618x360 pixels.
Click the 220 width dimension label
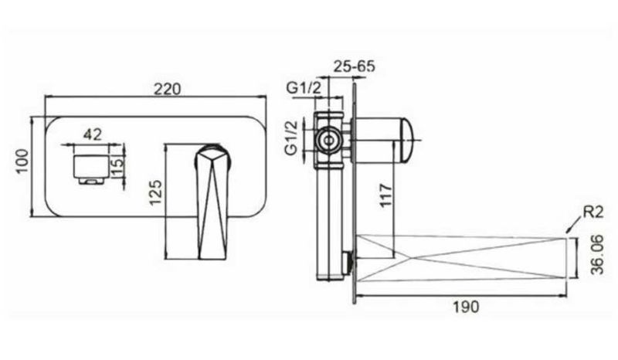click(x=167, y=89)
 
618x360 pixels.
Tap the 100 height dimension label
click(x=22, y=161)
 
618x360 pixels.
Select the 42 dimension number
click(x=92, y=134)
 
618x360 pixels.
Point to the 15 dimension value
click(x=117, y=165)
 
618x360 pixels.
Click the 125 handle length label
click(x=156, y=192)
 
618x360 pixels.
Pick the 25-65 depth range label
click(x=355, y=66)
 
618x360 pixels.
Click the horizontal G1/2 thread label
click(x=304, y=88)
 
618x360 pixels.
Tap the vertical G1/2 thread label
click(x=292, y=138)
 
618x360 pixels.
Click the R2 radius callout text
click(x=593, y=212)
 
